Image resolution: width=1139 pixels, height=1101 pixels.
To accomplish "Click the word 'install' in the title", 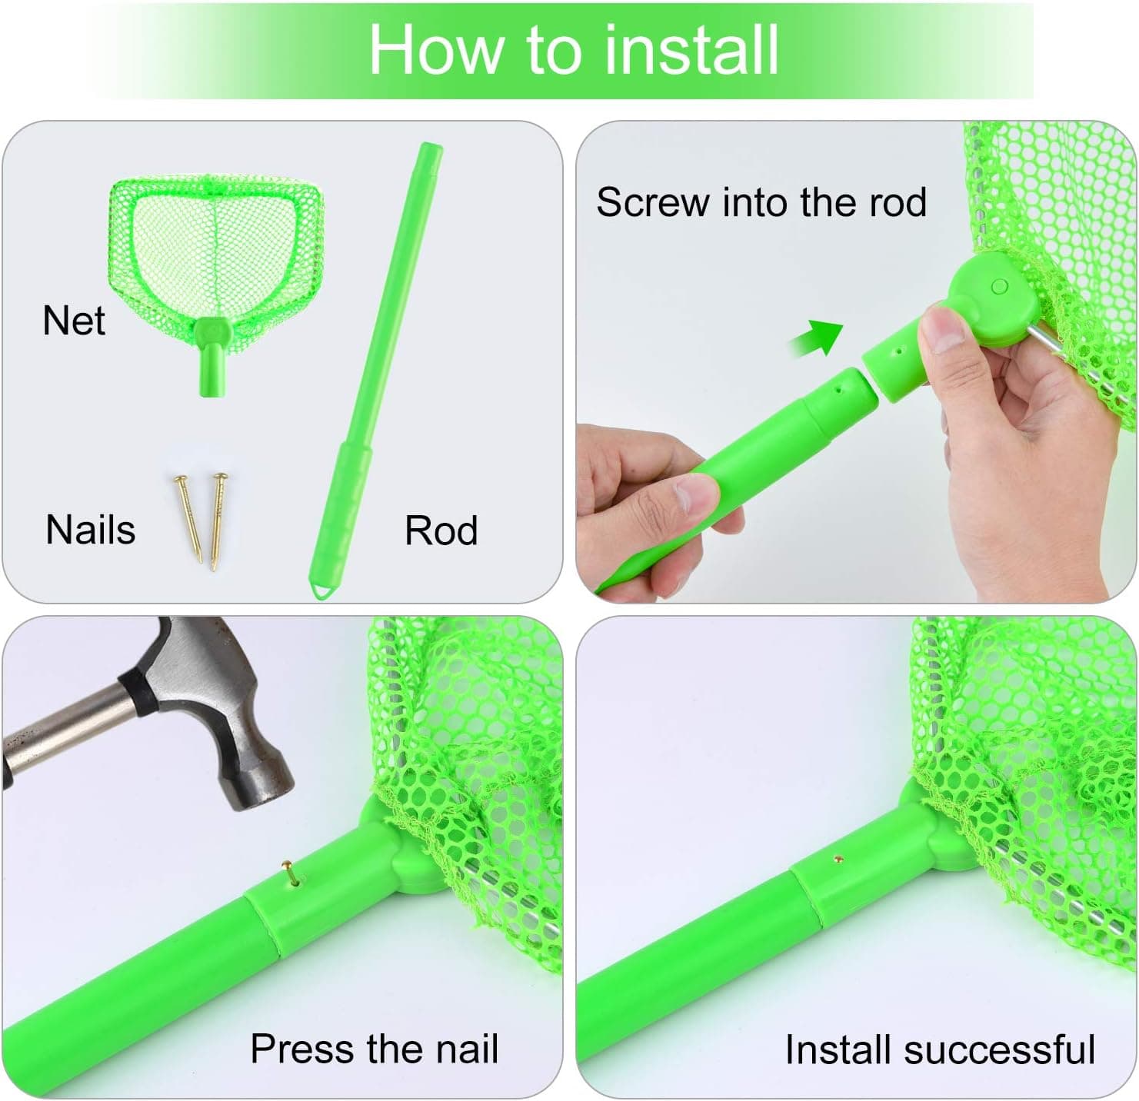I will coord(691,50).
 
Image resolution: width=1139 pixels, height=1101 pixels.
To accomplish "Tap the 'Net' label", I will coord(74,321).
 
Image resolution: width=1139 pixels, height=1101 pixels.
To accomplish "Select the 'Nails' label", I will coord(91,530).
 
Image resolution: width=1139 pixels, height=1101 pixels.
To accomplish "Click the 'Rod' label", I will coord(441,531).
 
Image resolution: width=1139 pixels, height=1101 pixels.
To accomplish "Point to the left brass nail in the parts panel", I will coord(187,517).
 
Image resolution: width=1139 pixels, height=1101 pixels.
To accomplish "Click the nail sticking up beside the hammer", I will coord(289,874).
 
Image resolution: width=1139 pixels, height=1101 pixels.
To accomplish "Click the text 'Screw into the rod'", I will coord(761,203).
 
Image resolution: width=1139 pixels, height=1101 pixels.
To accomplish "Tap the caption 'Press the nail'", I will coord(375,1049).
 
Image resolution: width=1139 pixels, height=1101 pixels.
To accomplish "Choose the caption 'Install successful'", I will coord(940,1049).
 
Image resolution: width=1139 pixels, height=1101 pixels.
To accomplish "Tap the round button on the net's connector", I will coord(1000,287).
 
